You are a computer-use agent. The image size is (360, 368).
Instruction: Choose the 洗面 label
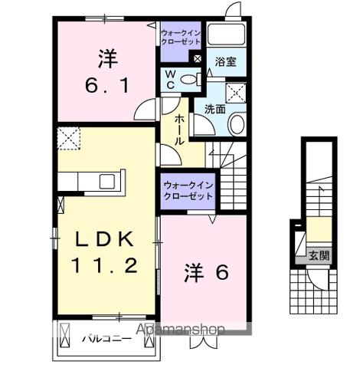point(214,109)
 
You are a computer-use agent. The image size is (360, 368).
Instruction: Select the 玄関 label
point(319,255)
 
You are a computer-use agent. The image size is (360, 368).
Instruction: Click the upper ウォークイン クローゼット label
point(181,38)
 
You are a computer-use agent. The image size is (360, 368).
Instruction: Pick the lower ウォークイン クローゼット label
point(188,190)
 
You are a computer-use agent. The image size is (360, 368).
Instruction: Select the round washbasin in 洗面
point(237,125)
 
